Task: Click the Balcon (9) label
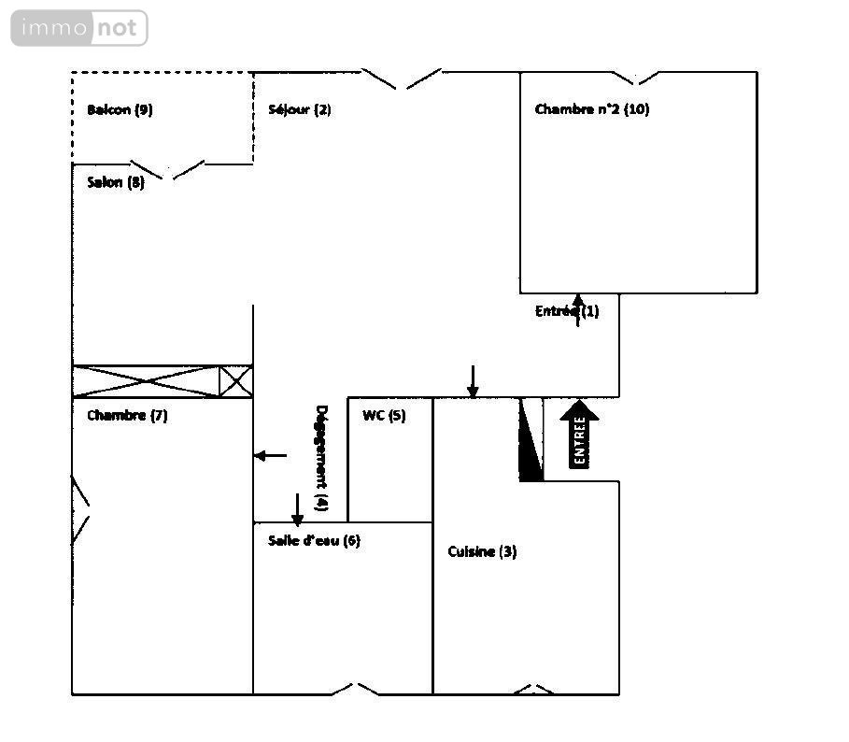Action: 120,110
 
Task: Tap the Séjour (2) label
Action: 300,109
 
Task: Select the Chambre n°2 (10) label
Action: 592,108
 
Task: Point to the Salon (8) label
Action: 116,182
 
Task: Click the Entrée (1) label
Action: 567,311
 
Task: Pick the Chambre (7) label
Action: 127,416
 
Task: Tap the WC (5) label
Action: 384,416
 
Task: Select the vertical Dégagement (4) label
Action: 321,458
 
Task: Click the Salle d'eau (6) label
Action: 314,540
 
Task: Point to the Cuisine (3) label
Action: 482,551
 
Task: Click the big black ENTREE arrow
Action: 579,435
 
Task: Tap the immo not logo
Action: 79,28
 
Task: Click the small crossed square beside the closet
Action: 236,380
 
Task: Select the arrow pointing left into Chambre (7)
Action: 270,455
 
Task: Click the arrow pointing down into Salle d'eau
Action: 297,509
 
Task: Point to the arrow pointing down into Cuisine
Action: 473,382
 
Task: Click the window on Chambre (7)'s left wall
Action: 80,509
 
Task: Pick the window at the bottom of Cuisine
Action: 533,690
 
